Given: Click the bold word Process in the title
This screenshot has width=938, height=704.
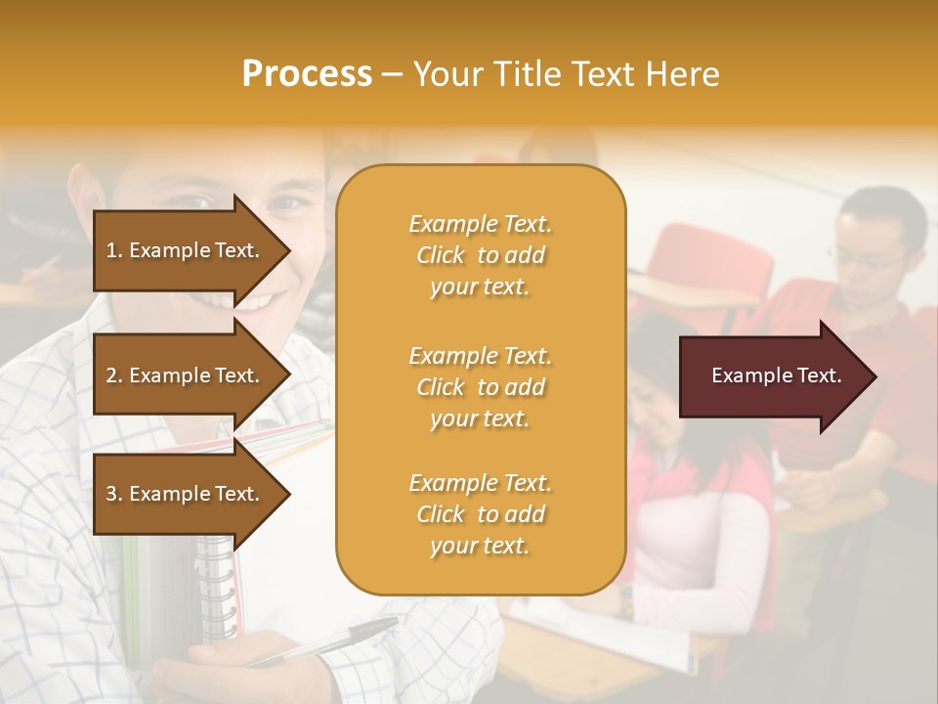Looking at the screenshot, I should pos(307,74).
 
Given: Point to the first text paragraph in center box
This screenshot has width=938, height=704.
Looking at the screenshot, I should pos(480,255).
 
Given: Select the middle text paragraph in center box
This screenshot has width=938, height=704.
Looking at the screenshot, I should pos(480,387).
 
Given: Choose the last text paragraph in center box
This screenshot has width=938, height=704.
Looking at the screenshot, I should pos(480,514).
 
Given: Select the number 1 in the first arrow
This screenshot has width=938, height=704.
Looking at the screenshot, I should pos(110,250).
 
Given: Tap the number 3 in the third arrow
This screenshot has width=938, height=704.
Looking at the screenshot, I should pos(110,494).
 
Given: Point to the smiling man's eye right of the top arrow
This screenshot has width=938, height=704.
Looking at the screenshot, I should pos(284,205).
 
